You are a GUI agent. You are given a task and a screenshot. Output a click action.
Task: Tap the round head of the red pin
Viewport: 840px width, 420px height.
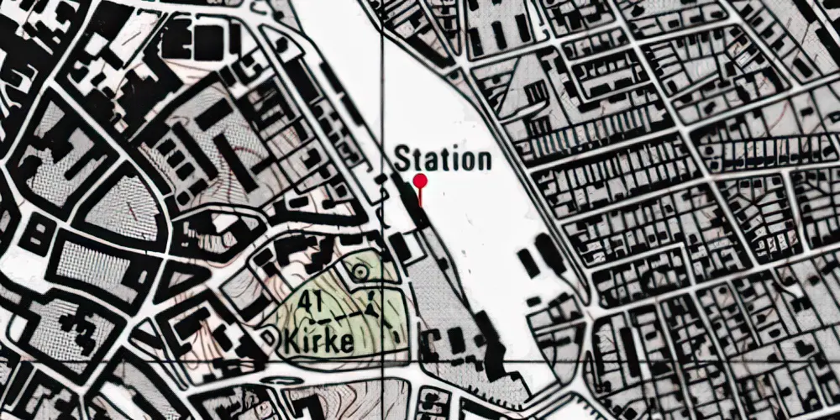(421, 181)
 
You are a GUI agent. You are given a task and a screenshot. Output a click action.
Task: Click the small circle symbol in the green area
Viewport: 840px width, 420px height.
(360, 271)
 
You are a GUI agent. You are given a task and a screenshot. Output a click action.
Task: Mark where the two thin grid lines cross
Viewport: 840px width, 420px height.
(383, 359)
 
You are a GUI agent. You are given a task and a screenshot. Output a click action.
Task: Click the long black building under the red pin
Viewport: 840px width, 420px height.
(413, 209)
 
